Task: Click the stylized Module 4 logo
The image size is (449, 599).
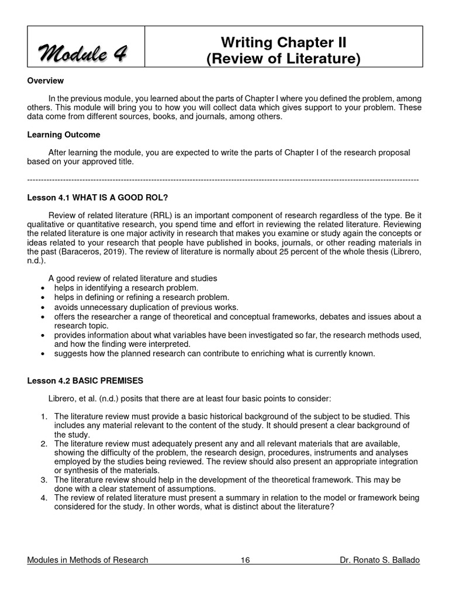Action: (85, 55)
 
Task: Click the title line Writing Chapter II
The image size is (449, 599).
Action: (284, 43)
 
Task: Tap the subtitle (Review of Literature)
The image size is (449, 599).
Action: (284, 60)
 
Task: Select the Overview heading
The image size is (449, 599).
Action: (46, 81)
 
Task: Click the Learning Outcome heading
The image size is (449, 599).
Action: (64, 135)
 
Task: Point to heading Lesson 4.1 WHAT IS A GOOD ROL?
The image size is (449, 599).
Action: (101, 197)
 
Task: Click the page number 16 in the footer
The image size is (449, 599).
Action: (245, 560)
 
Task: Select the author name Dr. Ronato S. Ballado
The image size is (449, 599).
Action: (379, 560)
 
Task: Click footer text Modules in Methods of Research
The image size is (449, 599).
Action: (88, 560)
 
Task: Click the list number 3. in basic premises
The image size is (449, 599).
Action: (44, 480)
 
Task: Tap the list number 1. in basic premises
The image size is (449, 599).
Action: (44, 416)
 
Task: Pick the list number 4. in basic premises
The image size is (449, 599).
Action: (44, 497)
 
